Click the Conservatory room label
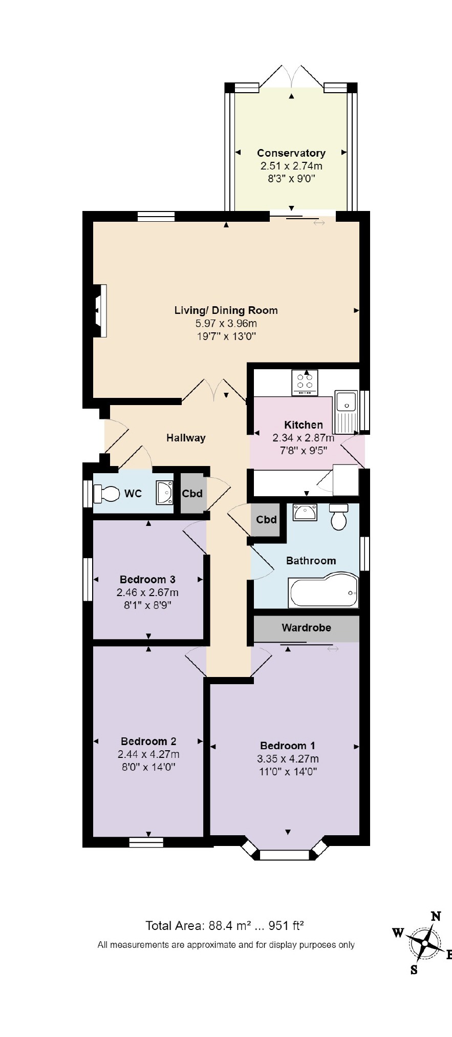(291, 153)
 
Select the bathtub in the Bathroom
(324, 592)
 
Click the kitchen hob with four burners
(305, 383)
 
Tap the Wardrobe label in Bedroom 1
(306, 627)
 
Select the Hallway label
(186, 438)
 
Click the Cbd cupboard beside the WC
(192, 494)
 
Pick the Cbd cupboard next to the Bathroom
(266, 520)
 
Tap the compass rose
(424, 943)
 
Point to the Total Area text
(225, 925)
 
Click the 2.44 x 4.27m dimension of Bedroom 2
(148, 754)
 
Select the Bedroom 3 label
(147, 579)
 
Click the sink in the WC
(165, 492)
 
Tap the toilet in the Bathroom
(339, 517)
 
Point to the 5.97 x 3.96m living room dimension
(226, 323)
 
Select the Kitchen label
(304, 425)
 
